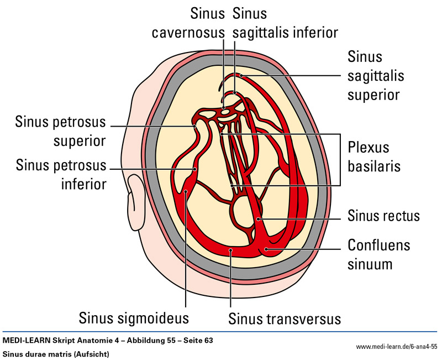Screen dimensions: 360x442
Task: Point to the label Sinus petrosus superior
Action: [61, 131]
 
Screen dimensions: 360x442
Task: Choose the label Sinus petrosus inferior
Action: [61, 174]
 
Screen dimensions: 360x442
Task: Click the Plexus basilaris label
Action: [369, 157]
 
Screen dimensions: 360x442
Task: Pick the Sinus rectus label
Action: [384, 215]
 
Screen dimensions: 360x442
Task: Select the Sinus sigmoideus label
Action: [134, 319]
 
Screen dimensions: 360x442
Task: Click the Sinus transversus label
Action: [285, 319]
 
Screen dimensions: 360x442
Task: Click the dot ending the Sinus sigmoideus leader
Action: [187, 192]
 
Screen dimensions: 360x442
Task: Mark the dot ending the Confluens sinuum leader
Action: [266, 249]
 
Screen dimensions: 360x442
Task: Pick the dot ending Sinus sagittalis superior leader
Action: [241, 75]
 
